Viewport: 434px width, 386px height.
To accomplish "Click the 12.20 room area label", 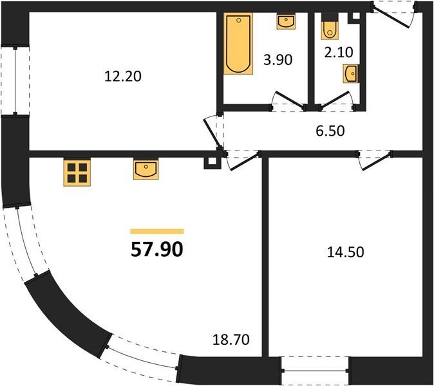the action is pyautogui.click(x=123, y=77).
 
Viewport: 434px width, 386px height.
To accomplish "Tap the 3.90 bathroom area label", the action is pyautogui.click(x=278, y=60).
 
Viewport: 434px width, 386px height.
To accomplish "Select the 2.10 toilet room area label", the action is pyautogui.click(x=339, y=52).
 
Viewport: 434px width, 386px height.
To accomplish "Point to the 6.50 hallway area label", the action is pyautogui.click(x=330, y=131).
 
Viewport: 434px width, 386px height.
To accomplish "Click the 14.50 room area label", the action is pyautogui.click(x=345, y=252).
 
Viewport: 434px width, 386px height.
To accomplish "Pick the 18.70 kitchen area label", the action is pyautogui.click(x=231, y=340).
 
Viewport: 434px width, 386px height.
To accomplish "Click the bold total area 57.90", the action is pyautogui.click(x=157, y=249).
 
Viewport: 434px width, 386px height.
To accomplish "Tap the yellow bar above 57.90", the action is pyautogui.click(x=157, y=232).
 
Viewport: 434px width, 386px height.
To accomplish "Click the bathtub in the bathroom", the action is pyautogui.click(x=238, y=44).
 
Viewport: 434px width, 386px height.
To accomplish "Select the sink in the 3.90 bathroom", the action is pyautogui.click(x=286, y=22).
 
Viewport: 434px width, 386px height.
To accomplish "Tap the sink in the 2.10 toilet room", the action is pyautogui.click(x=351, y=73).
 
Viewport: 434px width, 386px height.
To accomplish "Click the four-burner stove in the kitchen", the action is pyautogui.click(x=77, y=172).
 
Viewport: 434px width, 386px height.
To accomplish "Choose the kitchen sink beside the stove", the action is pyautogui.click(x=146, y=169).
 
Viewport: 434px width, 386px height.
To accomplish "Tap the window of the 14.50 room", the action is pyautogui.click(x=315, y=371).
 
